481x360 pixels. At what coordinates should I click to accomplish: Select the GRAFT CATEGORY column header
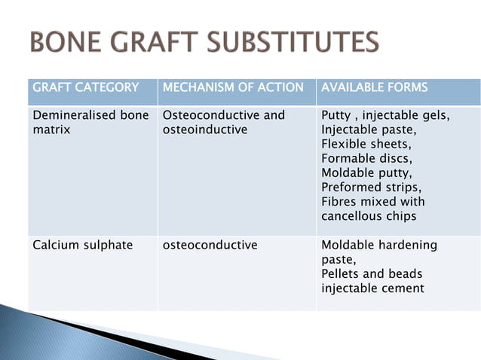point(86,87)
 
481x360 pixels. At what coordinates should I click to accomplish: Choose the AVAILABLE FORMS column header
point(374,87)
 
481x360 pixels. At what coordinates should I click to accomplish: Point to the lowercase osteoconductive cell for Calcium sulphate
point(210,245)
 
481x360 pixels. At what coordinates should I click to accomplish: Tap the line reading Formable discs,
point(366,159)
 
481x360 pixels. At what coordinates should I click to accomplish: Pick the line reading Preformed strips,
point(371,188)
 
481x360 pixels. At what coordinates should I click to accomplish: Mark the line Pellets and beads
point(372,273)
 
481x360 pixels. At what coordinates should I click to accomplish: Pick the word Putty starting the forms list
point(335,116)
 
